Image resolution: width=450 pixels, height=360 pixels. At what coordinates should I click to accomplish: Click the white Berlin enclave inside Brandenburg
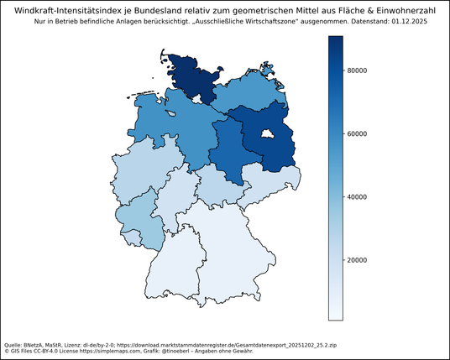[x=268, y=134]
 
